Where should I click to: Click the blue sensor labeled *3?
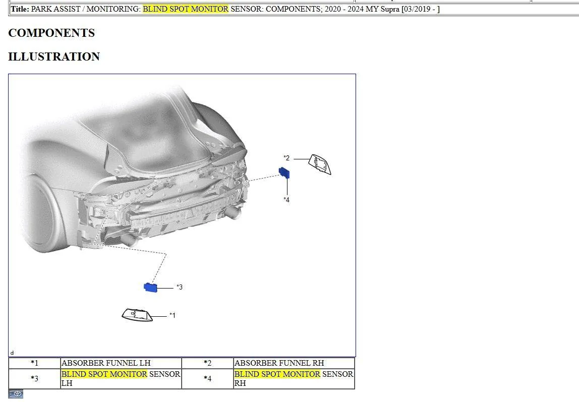pyautogui.click(x=150, y=287)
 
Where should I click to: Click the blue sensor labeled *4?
pyautogui.click(x=284, y=173)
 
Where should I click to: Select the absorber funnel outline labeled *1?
pyautogui.click(x=137, y=315)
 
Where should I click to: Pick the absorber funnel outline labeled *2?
pyautogui.click(x=319, y=164)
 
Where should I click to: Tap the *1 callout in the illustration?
pyautogui.click(x=172, y=315)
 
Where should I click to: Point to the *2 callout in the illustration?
pyautogui.click(x=286, y=158)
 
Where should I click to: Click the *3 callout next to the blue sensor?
pyautogui.click(x=180, y=287)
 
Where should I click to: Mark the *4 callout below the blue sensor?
pyautogui.click(x=286, y=200)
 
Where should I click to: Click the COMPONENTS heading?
pyautogui.click(x=51, y=33)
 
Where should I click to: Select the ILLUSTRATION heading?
pyautogui.click(x=54, y=56)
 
